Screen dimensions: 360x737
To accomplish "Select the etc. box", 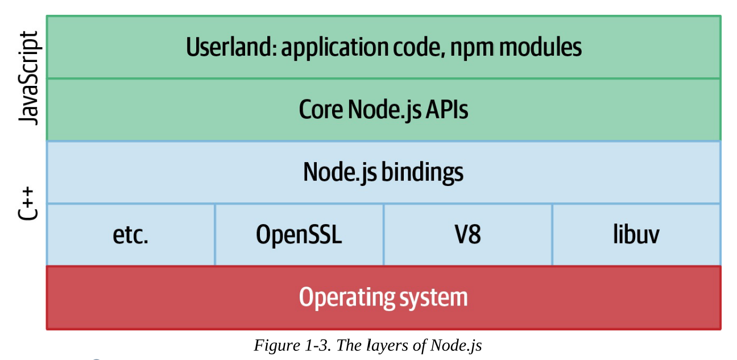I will (x=130, y=234).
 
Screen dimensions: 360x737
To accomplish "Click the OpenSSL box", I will (x=299, y=234).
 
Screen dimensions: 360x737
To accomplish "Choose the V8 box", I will (x=467, y=234).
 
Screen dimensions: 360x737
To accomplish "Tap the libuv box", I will (x=636, y=234).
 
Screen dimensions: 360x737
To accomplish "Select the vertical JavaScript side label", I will (x=28, y=77).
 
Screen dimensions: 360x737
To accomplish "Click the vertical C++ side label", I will (x=28, y=203).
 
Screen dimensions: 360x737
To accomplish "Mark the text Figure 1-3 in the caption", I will (x=290, y=345).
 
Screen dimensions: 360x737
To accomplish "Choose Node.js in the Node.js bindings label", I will (x=340, y=172).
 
